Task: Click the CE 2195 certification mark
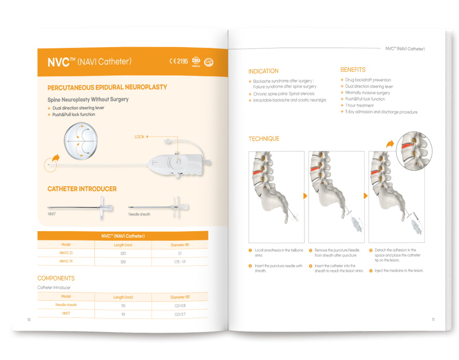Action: (179, 61)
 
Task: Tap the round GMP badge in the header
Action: (209, 62)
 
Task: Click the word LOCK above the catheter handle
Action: (139, 137)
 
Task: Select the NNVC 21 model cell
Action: (66, 253)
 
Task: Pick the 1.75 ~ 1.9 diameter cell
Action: (180, 262)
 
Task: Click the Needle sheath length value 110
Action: (123, 305)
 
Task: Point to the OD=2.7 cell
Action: (180, 314)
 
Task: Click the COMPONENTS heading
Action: (56, 278)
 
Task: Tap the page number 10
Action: (28, 320)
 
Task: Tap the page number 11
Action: (433, 320)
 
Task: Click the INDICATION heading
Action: (263, 71)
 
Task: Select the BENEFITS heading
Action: (353, 70)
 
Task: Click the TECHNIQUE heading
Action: (264, 139)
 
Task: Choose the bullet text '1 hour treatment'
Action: (359, 105)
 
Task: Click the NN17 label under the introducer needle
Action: (52, 214)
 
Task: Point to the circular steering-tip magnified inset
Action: (81, 141)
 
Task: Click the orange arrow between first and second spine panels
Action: (305, 196)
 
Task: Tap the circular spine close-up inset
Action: (414, 150)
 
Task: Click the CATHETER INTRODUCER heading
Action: (82, 189)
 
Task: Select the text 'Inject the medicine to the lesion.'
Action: (399, 271)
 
